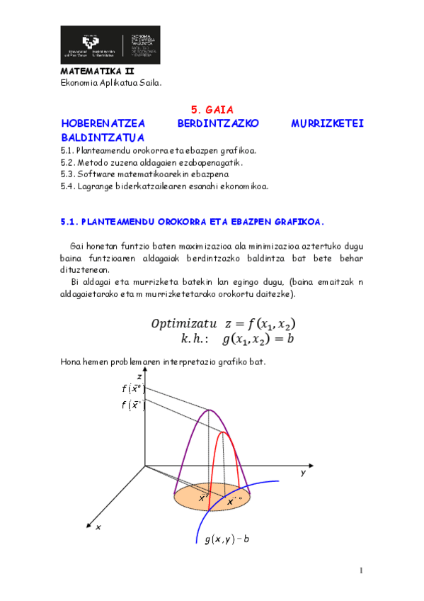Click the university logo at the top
tap(110, 45)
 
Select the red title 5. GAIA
tap(212, 109)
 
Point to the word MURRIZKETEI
tap(327, 123)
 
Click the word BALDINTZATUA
tap(103, 137)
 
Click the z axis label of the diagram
tap(139, 376)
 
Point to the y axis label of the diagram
tap(302, 473)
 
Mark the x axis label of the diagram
tap(98, 527)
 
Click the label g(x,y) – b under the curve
tap(227, 539)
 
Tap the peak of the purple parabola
tap(210, 410)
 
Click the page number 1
tap(360, 571)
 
